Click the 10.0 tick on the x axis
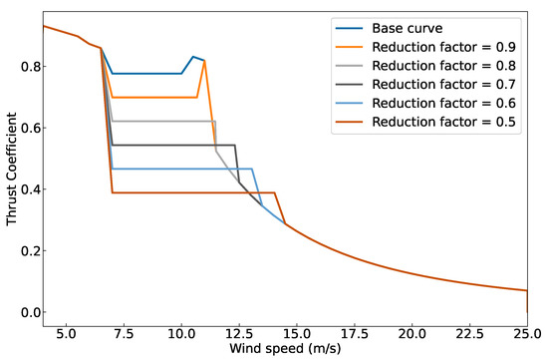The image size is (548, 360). pyautogui.click(x=180, y=331)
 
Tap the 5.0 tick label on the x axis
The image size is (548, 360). pyautogui.click(x=66, y=331)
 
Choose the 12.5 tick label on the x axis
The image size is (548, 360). pyautogui.click(x=238, y=331)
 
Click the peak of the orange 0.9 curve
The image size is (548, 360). pyautogui.click(x=204, y=61)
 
